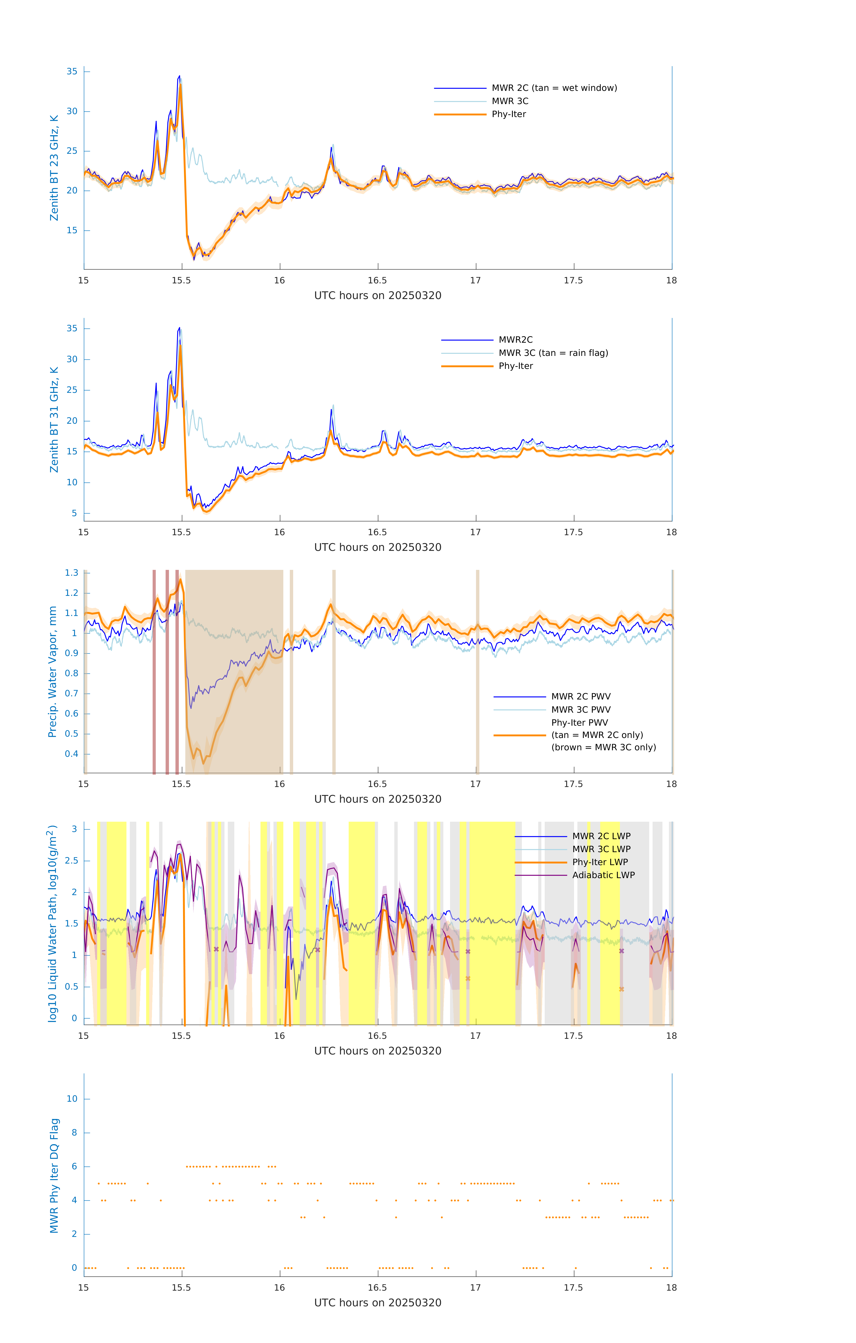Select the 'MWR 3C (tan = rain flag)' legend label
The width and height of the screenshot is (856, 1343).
click(553, 353)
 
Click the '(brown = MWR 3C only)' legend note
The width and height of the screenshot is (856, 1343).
click(603, 747)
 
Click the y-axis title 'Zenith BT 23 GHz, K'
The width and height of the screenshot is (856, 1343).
click(54, 168)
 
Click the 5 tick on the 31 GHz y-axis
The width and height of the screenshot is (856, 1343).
click(74, 513)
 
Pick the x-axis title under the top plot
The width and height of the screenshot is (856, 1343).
click(378, 296)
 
